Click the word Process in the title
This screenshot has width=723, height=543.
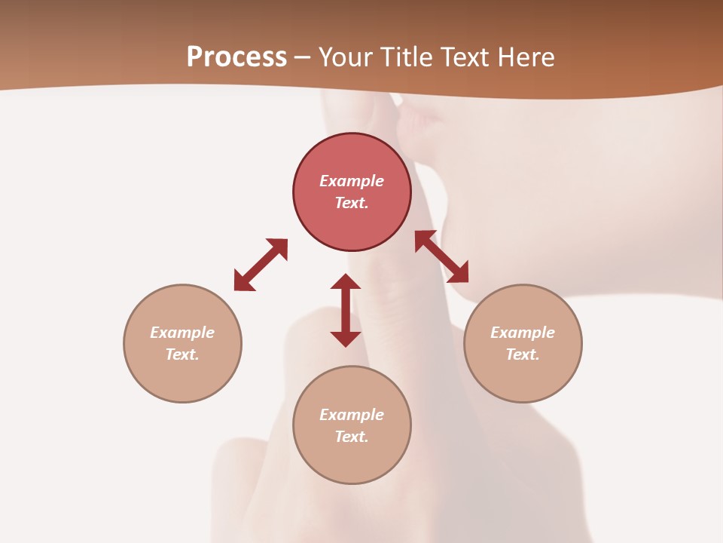236,57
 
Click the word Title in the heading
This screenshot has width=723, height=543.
404,57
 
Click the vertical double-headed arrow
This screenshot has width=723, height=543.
346,310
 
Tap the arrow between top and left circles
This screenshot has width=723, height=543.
261,265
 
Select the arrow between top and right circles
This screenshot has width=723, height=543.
441,256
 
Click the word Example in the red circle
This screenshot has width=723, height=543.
352,181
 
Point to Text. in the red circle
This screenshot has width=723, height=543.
352,203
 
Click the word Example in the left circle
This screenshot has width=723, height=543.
182,333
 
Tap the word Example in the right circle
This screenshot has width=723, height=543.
523,333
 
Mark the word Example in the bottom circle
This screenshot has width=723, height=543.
352,415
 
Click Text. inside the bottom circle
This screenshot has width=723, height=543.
352,437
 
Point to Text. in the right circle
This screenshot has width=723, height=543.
523,354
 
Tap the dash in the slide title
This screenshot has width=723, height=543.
303,58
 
